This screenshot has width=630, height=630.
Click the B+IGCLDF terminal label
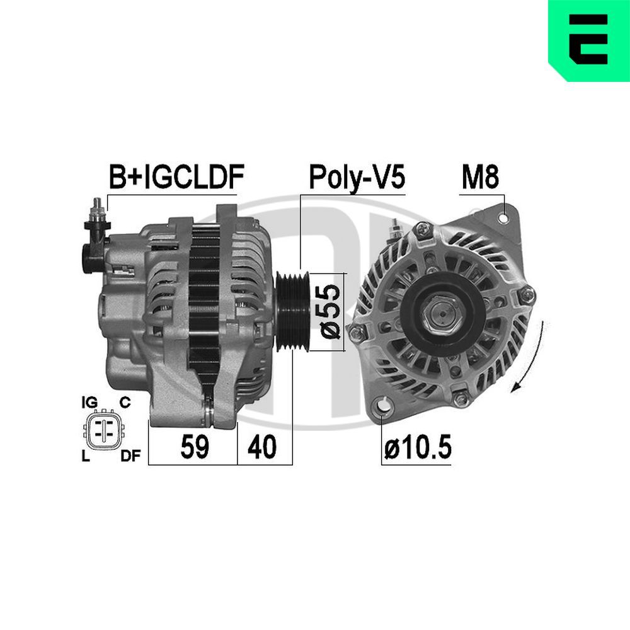176,178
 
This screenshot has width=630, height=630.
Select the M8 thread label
480,178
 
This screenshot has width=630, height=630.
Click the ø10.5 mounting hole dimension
418,447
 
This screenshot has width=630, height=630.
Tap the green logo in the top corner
588,39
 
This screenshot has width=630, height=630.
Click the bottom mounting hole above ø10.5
380,406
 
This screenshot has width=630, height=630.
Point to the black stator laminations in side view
204,302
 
